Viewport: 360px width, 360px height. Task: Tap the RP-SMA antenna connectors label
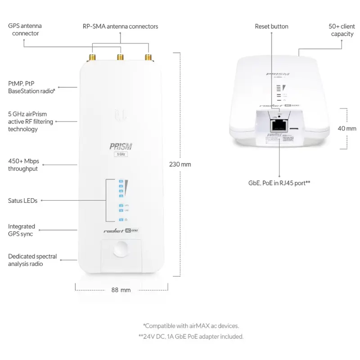point(120,27)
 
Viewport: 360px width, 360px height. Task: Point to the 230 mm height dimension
point(180,164)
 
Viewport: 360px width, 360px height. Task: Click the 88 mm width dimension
point(121,290)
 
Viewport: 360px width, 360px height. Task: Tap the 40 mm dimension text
point(346,128)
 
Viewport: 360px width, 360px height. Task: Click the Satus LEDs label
point(22,201)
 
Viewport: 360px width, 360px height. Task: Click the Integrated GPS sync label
point(21,230)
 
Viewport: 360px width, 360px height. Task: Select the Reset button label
point(271,27)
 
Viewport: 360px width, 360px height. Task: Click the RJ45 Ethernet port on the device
point(279,123)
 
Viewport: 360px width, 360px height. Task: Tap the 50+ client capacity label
point(342,30)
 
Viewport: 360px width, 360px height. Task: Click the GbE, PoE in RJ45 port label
point(279,183)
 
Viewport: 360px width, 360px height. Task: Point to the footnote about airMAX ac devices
point(191,325)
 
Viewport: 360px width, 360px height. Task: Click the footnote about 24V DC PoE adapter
point(191,336)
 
